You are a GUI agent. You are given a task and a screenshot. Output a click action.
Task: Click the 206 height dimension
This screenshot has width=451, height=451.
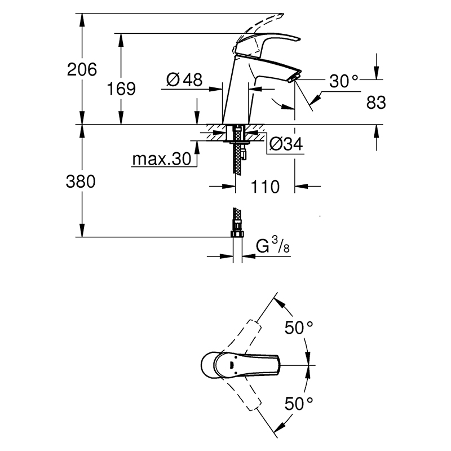coord(82,69)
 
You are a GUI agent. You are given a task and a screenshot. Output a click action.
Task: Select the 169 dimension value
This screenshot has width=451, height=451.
coord(122,89)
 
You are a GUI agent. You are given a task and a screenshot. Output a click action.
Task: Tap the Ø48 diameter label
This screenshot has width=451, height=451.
coord(184,80)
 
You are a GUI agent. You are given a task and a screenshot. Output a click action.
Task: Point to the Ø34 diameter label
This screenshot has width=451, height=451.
coord(286,145)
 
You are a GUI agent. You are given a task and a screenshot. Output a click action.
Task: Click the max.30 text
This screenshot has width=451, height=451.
coord(162,160)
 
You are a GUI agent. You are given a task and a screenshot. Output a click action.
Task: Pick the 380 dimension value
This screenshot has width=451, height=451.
coord(82,182)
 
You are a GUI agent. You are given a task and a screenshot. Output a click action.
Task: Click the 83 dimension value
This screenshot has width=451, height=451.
coord(376,103)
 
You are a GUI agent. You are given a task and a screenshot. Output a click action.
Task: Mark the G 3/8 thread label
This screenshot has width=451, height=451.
coord(276,247)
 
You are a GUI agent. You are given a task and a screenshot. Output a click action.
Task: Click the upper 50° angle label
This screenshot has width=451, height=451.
coord(299,328)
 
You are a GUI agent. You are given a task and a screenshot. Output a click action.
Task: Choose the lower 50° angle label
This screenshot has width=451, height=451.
coord(299,403)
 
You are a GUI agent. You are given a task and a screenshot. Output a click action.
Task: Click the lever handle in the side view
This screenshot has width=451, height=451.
coord(271,42)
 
